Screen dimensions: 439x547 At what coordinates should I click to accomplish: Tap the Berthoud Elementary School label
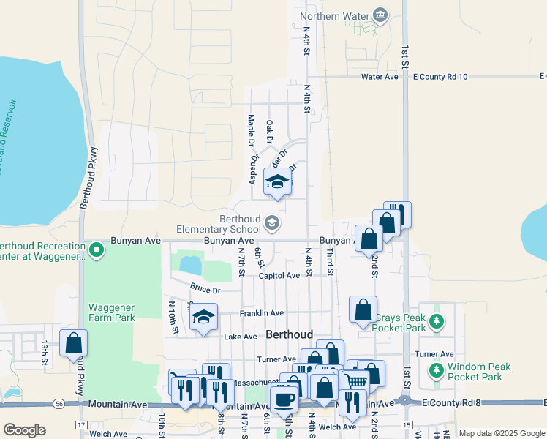click(240, 223)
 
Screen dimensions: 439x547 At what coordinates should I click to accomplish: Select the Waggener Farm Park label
click(112, 312)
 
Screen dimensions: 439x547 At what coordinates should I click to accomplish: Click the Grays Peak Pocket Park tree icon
click(437, 321)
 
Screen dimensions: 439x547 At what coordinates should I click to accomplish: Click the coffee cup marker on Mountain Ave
click(284, 399)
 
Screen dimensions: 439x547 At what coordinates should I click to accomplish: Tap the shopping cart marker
click(355, 383)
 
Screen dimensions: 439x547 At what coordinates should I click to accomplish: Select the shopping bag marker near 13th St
click(73, 342)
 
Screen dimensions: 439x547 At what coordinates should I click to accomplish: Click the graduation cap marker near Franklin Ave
click(204, 317)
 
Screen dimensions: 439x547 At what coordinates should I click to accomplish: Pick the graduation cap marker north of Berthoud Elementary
click(277, 183)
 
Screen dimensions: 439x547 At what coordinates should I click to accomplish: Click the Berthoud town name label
click(290, 334)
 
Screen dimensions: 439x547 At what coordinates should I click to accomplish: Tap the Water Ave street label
click(380, 76)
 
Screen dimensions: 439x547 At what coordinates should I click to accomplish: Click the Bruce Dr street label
click(204, 290)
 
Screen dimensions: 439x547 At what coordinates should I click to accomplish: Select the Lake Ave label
click(241, 337)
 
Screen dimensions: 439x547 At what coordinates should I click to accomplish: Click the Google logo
click(24, 430)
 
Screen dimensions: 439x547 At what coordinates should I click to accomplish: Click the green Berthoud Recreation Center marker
click(96, 252)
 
